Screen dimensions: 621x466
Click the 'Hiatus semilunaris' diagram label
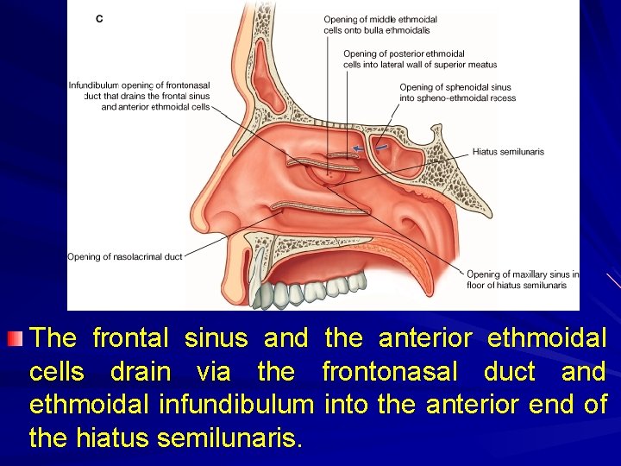pyautogui.click(x=508, y=152)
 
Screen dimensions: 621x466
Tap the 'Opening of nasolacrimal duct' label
pyautogui.click(x=125, y=256)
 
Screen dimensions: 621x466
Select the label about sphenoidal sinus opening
pyautogui.click(x=457, y=92)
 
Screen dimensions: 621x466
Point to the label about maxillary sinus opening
pyautogui.click(x=522, y=280)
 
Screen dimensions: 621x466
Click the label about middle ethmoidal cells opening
pyautogui.click(x=380, y=24)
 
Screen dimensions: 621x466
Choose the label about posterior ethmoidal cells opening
pyautogui.click(x=419, y=59)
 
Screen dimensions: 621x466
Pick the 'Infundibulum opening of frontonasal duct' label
pyautogui.click(x=140, y=96)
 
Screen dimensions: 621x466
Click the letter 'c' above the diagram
pyautogui.click(x=99, y=18)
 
